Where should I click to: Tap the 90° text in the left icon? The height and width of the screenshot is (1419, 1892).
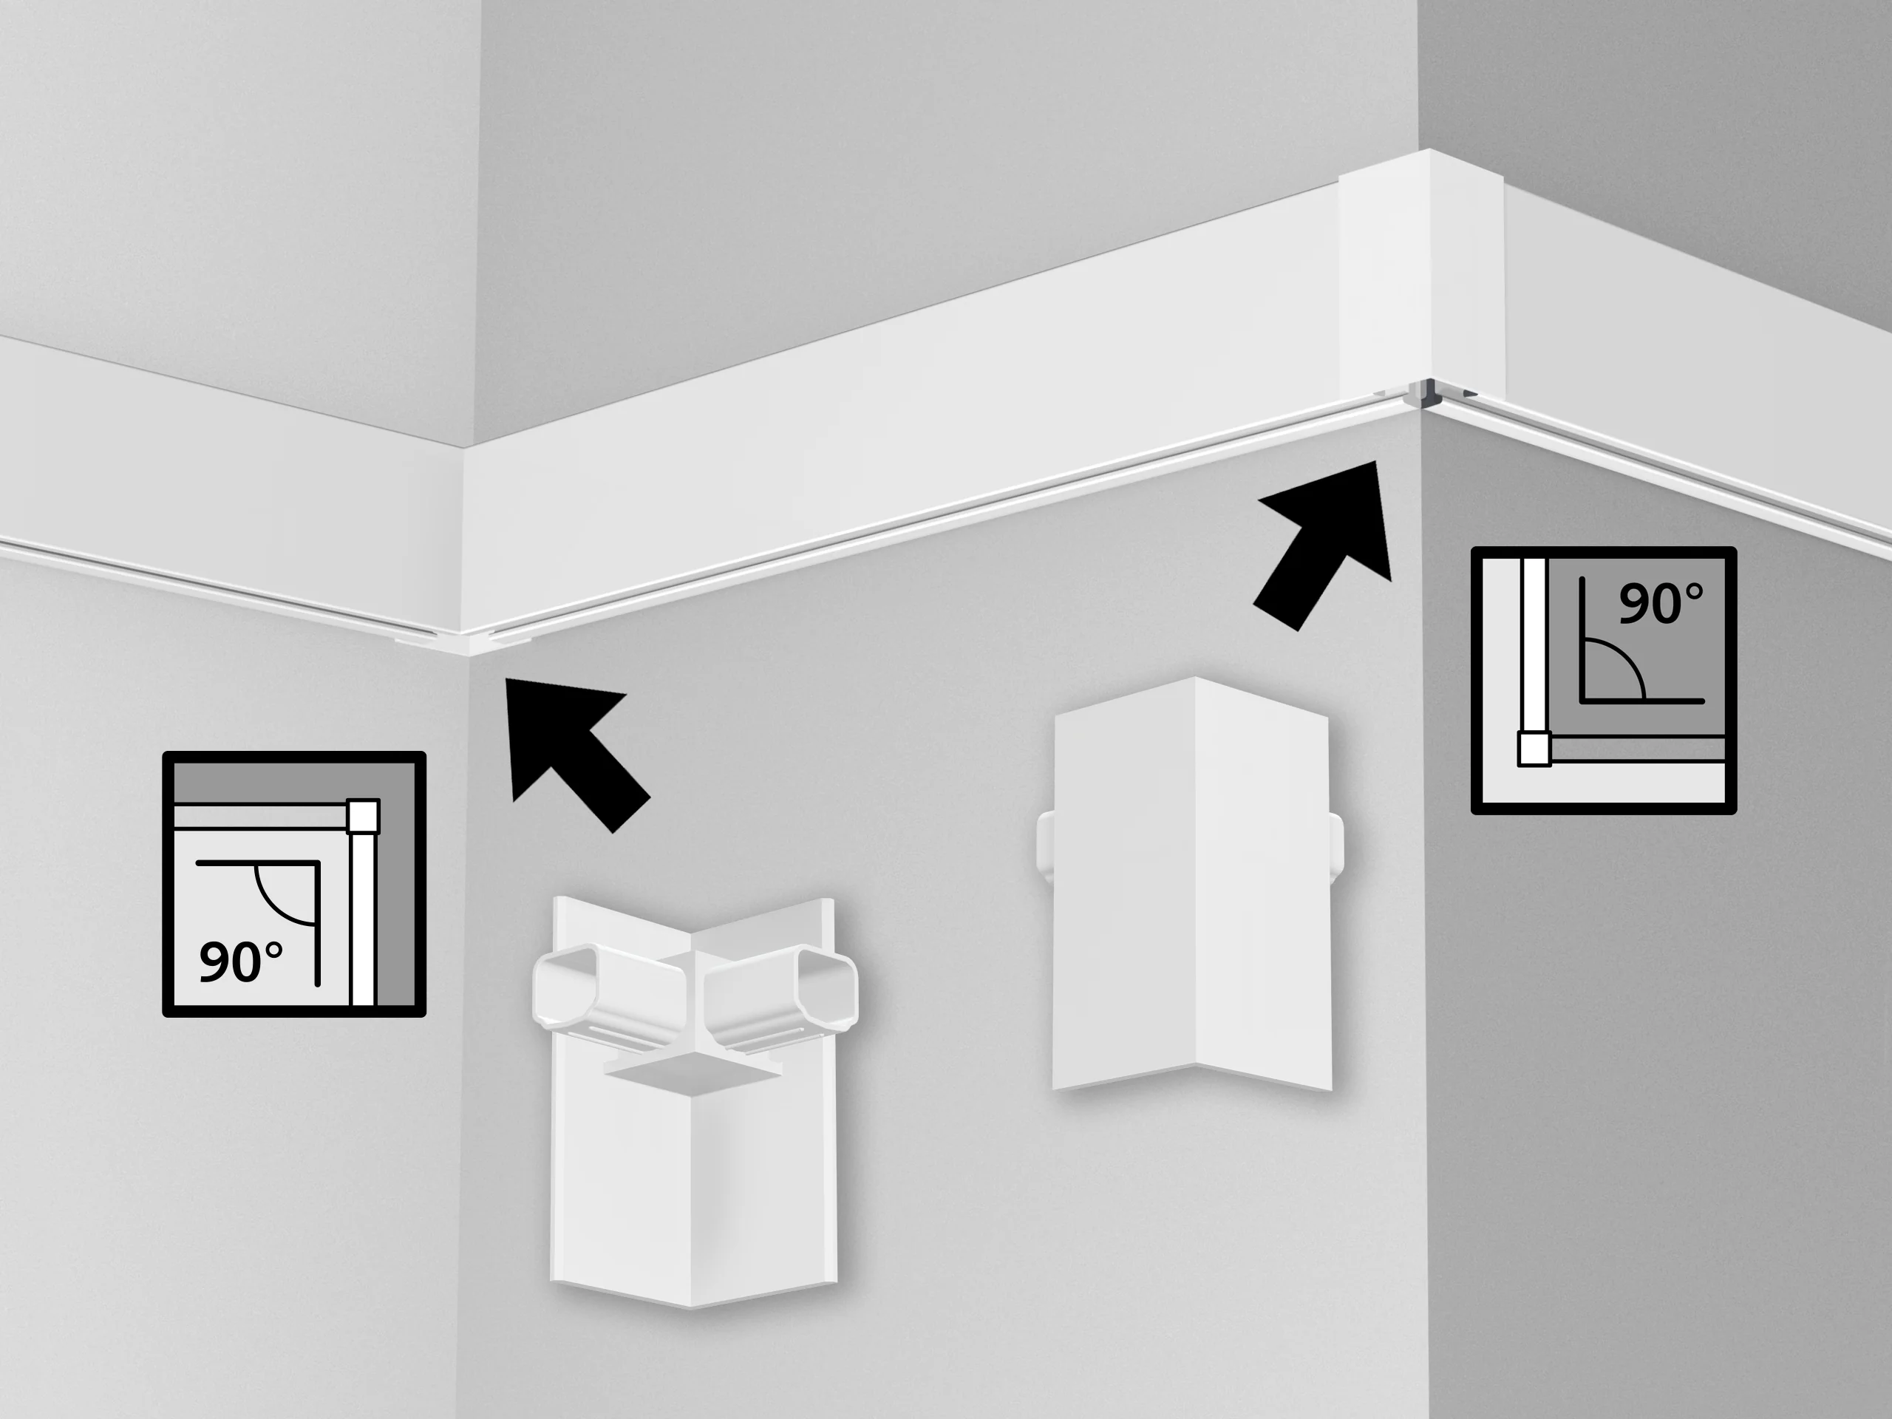[240, 962]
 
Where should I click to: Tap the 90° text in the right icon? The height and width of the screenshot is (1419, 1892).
[1660, 603]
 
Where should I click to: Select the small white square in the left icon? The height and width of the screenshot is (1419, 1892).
[363, 816]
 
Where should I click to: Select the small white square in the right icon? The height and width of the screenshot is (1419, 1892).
[1534, 749]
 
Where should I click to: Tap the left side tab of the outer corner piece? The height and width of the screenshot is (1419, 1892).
[1045, 841]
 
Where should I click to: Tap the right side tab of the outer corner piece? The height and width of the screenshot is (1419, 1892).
[1336, 845]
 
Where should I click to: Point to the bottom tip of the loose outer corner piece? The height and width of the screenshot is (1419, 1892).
[1196, 1066]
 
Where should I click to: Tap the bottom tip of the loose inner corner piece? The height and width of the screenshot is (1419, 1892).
[691, 1307]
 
